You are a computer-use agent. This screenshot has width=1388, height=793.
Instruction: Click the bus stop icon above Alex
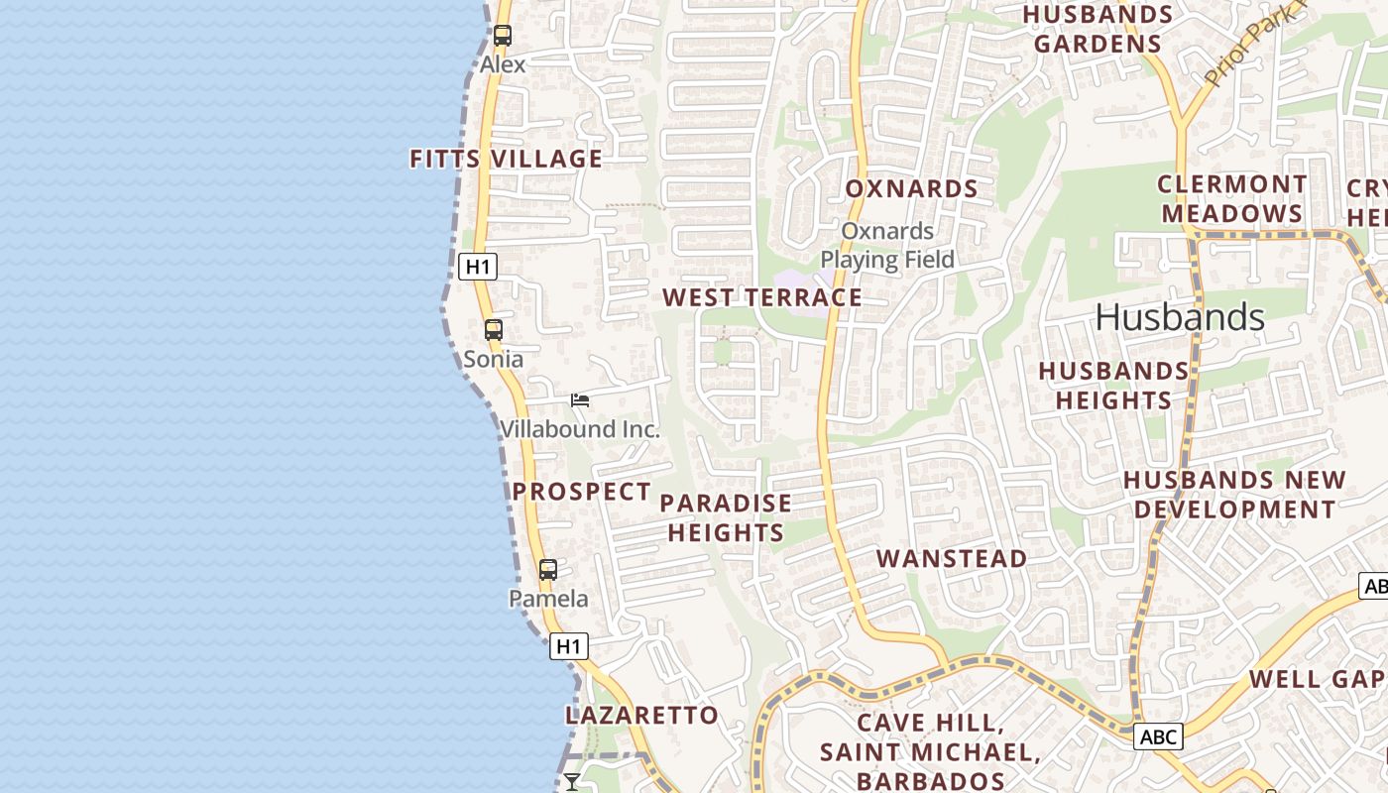(x=503, y=36)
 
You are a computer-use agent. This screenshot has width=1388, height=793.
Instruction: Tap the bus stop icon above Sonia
(x=494, y=330)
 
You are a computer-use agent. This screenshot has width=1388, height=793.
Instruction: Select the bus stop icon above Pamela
(x=548, y=570)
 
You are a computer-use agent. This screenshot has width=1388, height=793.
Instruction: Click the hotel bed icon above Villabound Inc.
(x=580, y=400)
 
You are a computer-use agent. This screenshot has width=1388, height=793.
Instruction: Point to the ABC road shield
(x=1158, y=736)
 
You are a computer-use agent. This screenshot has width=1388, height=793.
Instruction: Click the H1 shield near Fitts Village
(x=478, y=266)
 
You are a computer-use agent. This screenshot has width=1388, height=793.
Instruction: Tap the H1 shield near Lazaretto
(x=569, y=646)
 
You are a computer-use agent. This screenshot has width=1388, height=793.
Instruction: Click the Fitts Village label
(x=506, y=159)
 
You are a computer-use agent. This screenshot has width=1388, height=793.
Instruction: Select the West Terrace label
(x=762, y=297)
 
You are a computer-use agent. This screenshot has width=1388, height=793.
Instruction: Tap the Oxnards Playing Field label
(x=887, y=246)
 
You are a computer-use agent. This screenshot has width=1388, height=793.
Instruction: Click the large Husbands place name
(x=1180, y=317)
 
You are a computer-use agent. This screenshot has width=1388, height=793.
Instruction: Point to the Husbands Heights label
(x=1113, y=386)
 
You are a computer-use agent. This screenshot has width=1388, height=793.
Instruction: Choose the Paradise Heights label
(x=726, y=517)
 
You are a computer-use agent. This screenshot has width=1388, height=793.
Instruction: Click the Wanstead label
(x=952, y=559)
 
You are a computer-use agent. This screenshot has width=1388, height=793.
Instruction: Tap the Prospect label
(x=581, y=492)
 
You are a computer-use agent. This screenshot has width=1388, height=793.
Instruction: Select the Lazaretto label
(x=641, y=715)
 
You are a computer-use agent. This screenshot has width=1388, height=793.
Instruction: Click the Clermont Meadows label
(x=1231, y=199)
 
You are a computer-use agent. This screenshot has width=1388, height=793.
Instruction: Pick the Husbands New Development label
(x=1234, y=495)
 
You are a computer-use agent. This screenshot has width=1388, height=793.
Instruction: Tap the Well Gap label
(x=1317, y=679)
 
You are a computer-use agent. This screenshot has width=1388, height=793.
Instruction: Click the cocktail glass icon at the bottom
(x=572, y=782)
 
